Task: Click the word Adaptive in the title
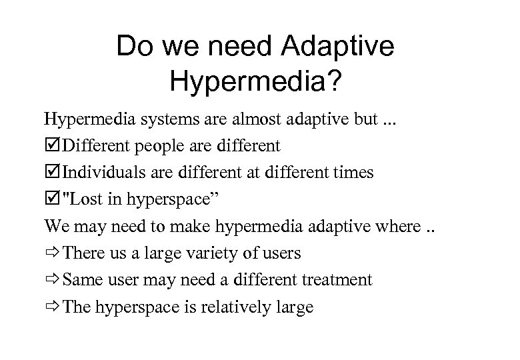tap(339, 47)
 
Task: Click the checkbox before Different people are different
tap(51, 146)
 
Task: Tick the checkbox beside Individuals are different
tap(51, 173)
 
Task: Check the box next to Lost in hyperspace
tap(51, 199)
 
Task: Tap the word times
tap(354, 173)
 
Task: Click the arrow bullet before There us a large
tap(52, 253)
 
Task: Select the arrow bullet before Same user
tap(52, 280)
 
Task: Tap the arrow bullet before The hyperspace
tap(52, 307)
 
